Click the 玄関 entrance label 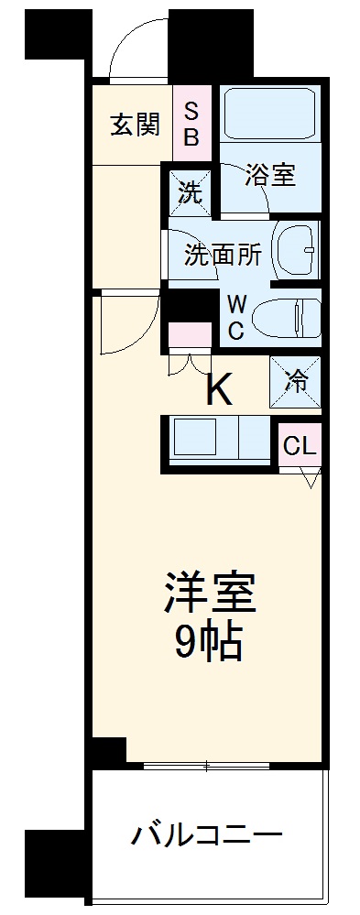click(135, 125)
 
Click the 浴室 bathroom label click(269, 175)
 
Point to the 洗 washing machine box click(189, 193)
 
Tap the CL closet click(300, 446)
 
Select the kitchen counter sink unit click(220, 439)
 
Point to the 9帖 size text click(209, 644)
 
